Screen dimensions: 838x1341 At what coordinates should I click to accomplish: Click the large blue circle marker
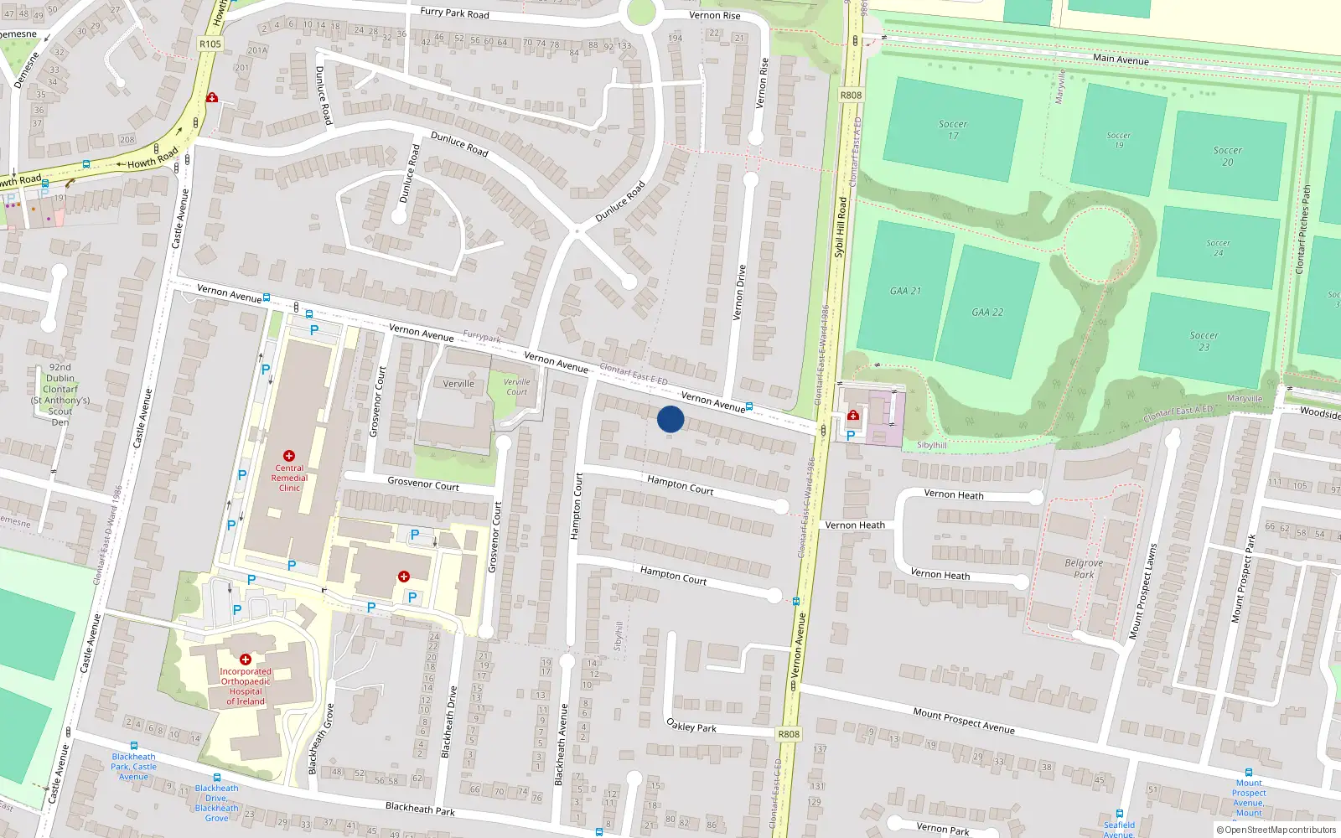(670, 419)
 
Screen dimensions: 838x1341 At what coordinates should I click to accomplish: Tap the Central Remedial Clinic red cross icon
(289, 456)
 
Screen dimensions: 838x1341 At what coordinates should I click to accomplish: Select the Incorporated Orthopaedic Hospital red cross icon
(246, 660)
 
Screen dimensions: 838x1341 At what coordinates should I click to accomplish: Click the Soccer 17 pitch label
(953, 130)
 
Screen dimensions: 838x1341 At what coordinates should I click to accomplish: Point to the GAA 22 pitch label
(987, 312)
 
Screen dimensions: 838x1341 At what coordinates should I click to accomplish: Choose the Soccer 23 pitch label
(1204, 341)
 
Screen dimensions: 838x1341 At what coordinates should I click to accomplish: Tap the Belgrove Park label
(1084, 568)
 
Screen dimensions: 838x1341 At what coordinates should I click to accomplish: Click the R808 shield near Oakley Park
(789, 734)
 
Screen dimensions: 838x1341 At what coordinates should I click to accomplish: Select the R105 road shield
(210, 44)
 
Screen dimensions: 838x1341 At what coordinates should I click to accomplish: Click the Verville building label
(458, 384)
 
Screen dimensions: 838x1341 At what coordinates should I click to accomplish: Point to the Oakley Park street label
(691, 726)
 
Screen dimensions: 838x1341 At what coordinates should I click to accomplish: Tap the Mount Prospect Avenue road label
(964, 721)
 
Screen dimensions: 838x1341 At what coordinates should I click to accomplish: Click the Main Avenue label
(1121, 59)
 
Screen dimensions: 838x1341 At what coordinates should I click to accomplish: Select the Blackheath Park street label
(420, 808)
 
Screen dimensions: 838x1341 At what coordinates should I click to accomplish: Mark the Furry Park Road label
(454, 13)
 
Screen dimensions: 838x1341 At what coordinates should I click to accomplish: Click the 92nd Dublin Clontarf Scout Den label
(60, 394)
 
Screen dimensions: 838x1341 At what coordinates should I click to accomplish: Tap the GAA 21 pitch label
(905, 291)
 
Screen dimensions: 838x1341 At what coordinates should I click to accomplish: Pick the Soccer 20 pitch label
(1227, 156)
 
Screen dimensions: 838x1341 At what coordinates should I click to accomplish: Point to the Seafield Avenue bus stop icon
(1120, 813)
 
